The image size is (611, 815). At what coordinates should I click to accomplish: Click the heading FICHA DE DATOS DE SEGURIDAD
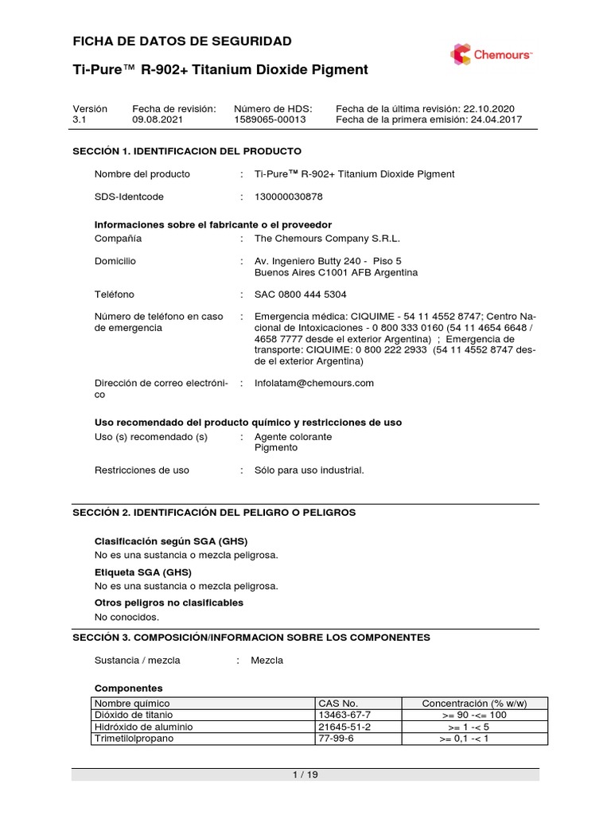(182, 41)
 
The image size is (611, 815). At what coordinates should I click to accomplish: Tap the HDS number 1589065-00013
(269, 119)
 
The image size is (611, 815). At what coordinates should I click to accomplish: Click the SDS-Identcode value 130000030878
(289, 196)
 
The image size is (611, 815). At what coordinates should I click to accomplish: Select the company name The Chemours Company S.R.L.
(327, 239)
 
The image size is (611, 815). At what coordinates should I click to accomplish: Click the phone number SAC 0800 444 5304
(300, 294)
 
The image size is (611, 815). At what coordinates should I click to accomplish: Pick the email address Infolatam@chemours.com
(313, 383)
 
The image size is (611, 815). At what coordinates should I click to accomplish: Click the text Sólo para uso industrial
(309, 470)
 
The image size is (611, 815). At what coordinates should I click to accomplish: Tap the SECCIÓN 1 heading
(187, 150)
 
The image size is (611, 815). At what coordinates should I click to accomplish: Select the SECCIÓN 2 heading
(214, 513)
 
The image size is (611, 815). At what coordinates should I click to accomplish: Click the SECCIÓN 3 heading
(251, 638)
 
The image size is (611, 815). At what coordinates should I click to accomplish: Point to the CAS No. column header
(338, 704)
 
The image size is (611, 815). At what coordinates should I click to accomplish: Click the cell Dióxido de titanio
(134, 715)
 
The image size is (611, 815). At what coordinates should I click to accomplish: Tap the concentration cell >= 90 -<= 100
(474, 715)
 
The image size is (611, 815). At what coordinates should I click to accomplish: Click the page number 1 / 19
(305, 774)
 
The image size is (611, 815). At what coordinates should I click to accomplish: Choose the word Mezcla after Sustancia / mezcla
(267, 661)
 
